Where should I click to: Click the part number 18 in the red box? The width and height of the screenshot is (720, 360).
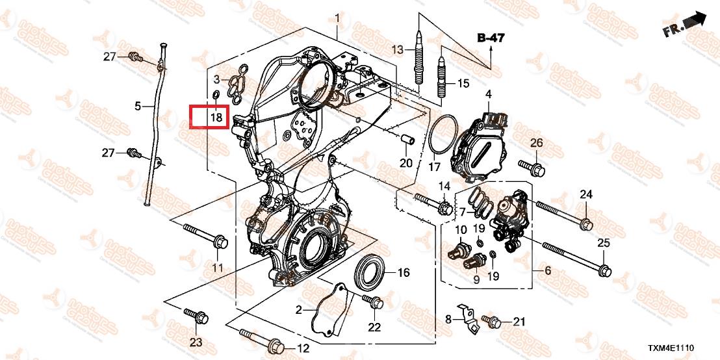click(216, 118)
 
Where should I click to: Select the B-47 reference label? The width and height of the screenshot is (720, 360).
click(491, 38)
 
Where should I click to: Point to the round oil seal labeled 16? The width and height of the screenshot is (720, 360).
click(371, 272)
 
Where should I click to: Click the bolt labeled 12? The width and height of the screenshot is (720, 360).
click(260, 339)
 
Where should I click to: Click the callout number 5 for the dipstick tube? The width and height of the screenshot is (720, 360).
click(138, 105)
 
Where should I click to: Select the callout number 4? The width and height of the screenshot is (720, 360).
click(487, 95)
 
